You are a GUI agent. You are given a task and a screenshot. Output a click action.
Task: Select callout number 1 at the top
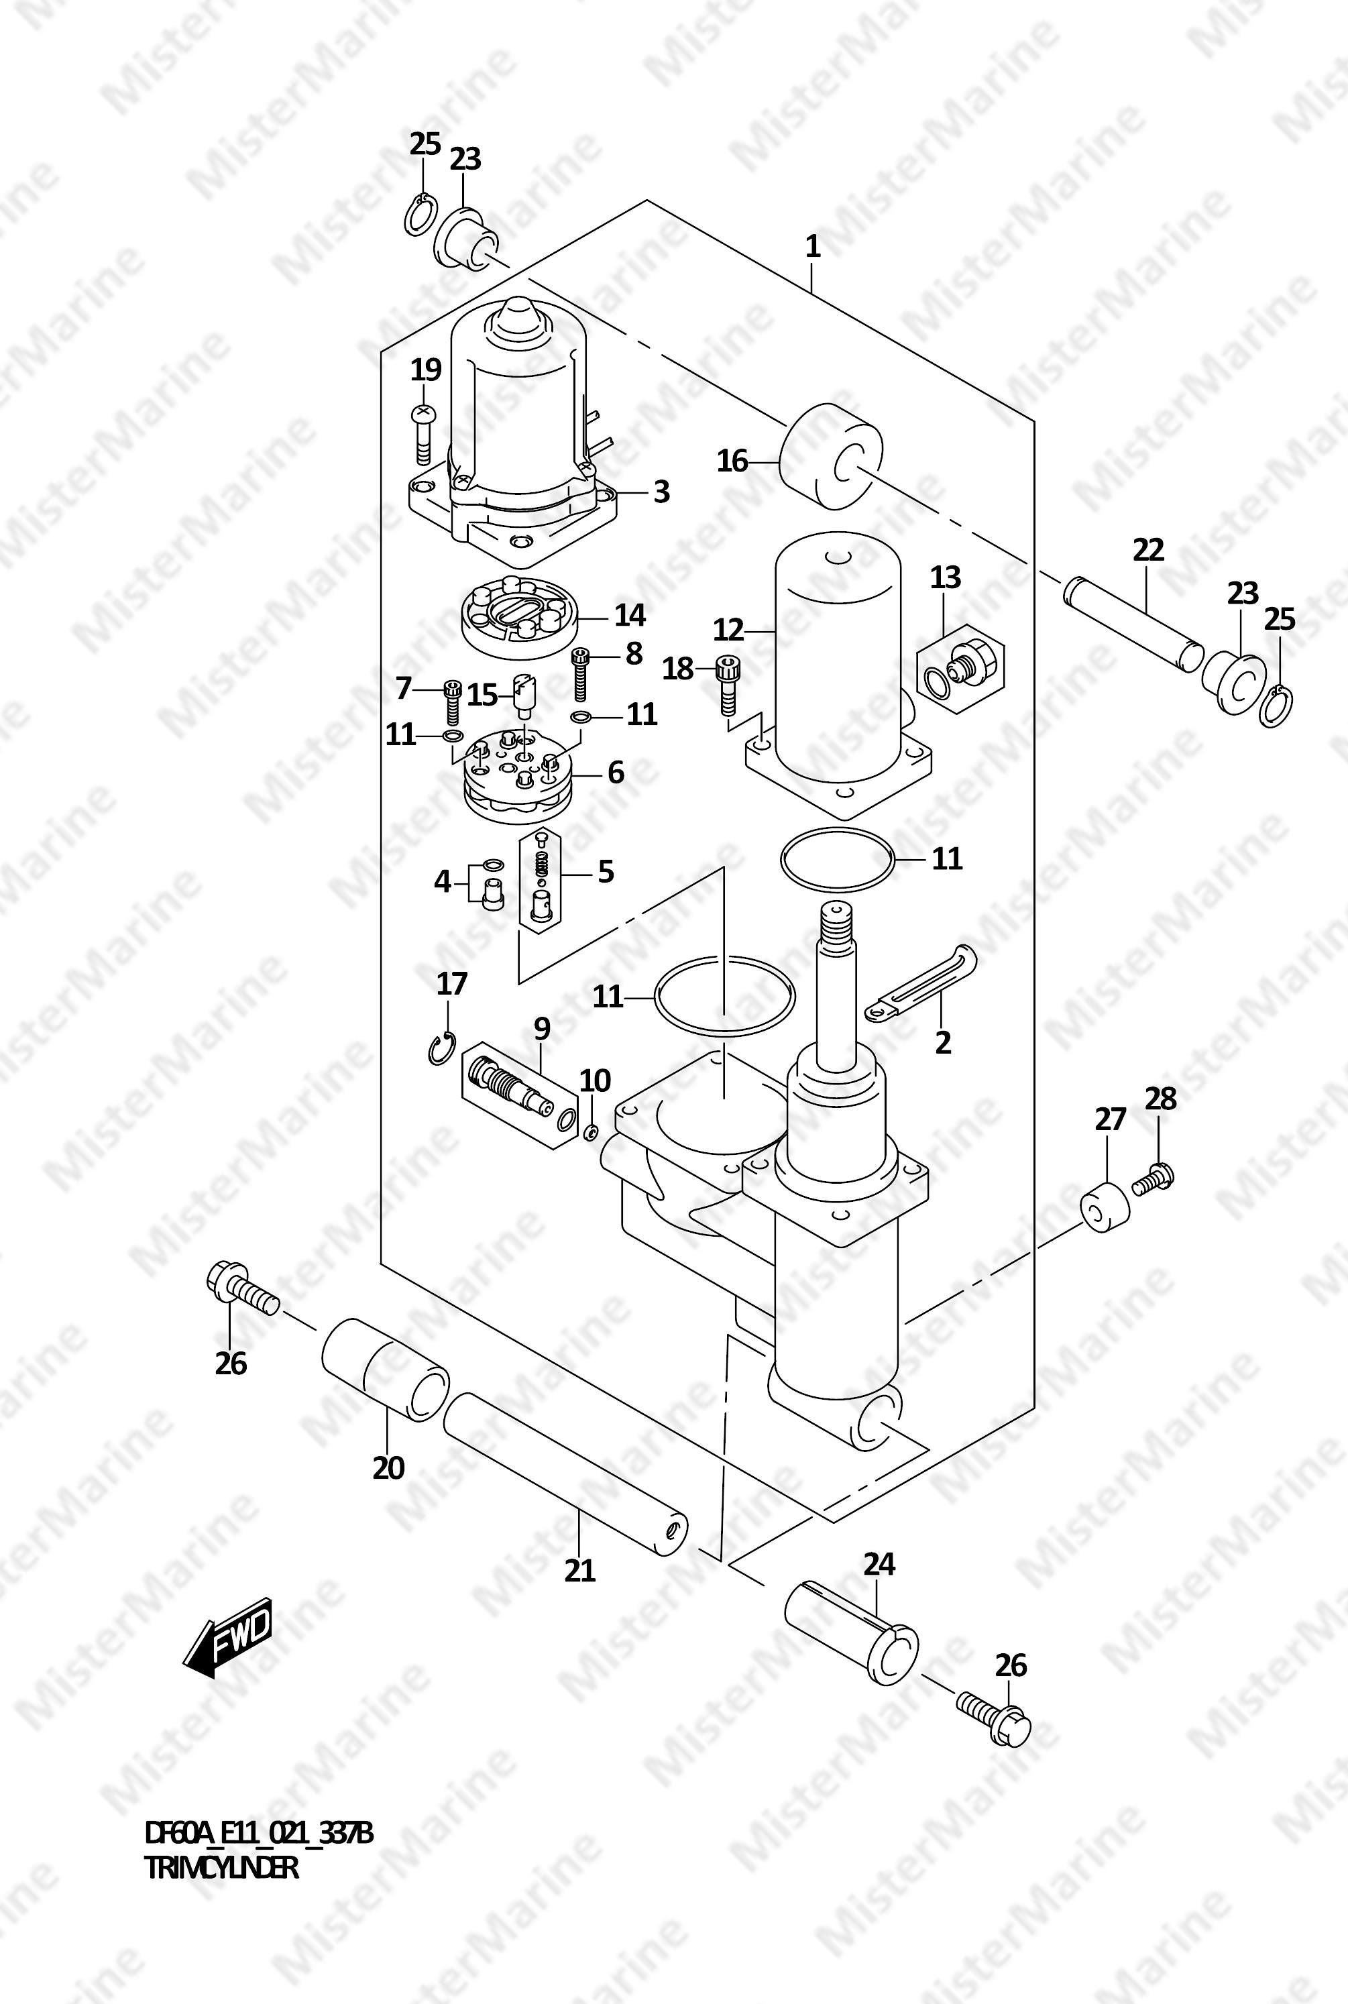[812, 247]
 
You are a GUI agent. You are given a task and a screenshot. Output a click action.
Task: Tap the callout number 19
[426, 370]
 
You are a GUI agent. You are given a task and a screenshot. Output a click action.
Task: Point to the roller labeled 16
[832, 457]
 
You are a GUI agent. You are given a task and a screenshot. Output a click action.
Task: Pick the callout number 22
[1149, 549]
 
